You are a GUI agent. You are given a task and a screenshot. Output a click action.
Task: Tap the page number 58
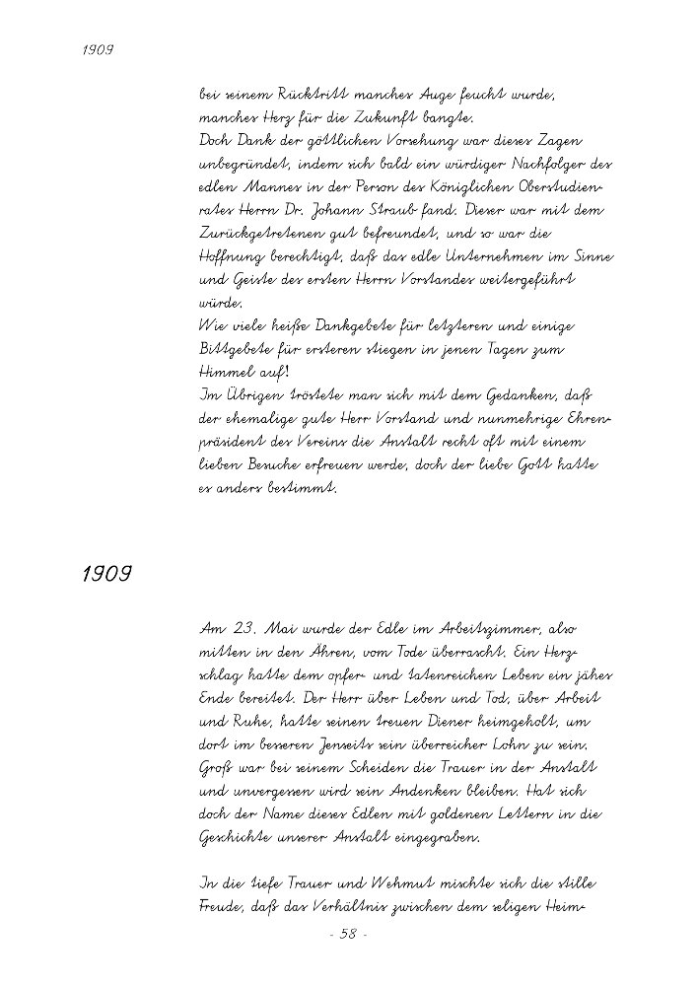(347, 935)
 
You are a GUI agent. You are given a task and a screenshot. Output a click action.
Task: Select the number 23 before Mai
(244, 628)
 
